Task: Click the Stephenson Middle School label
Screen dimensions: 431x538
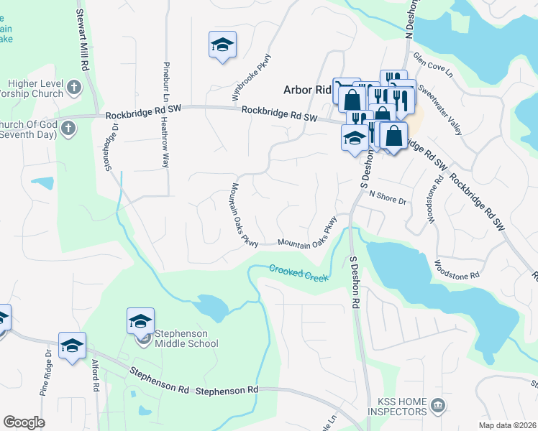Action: point(186,338)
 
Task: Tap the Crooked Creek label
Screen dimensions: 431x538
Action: point(298,273)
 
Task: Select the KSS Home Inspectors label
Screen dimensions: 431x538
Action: point(397,407)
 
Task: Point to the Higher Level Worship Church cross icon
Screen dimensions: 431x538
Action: point(73,88)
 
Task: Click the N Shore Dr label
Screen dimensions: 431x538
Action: point(388,197)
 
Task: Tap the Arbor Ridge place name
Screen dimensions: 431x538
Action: point(306,91)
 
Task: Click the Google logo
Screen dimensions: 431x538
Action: point(24,422)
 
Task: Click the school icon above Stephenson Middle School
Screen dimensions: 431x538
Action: point(141,320)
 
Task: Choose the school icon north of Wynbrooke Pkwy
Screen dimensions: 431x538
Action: point(223,45)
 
